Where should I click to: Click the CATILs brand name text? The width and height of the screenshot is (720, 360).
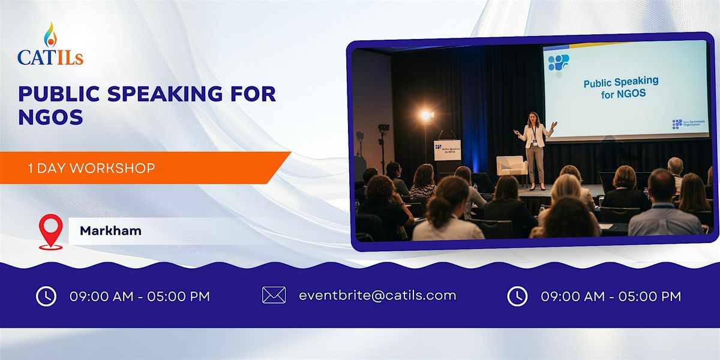pyautogui.click(x=50, y=57)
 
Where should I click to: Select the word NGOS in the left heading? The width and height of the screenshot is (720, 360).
pyautogui.click(x=50, y=117)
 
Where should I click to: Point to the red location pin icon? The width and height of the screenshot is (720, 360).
pyautogui.click(x=50, y=232)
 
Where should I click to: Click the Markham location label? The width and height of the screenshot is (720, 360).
pyautogui.click(x=110, y=230)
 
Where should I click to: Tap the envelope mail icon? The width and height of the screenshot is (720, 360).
pyautogui.click(x=274, y=295)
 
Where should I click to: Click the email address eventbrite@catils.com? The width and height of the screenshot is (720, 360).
pyautogui.click(x=377, y=295)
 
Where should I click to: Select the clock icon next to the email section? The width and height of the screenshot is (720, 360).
pyautogui.click(x=517, y=296)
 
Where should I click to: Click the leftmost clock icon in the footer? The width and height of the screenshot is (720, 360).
pyautogui.click(x=46, y=296)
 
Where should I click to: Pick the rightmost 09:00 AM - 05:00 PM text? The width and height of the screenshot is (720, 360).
pyautogui.click(x=611, y=296)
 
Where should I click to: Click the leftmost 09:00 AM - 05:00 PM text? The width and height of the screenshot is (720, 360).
pyautogui.click(x=140, y=296)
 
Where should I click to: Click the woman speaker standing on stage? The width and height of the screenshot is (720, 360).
pyautogui.click(x=533, y=149)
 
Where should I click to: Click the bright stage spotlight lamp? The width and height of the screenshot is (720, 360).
pyautogui.click(x=426, y=115)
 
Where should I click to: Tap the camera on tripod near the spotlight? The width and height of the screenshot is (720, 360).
pyautogui.click(x=383, y=128)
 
